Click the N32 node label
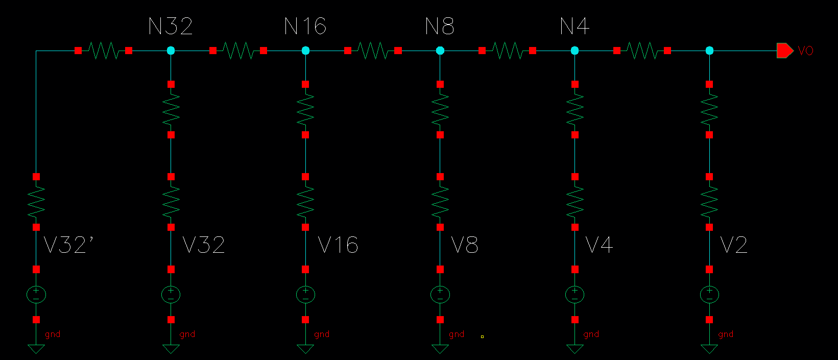[x=171, y=27]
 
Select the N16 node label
[x=305, y=27]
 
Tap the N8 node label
[x=440, y=27]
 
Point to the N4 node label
[x=574, y=27]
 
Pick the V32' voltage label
[x=68, y=246]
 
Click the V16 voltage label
[x=338, y=246]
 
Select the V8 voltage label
[x=465, y=246]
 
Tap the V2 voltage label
[x=734, y=246]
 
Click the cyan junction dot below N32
[x=171, y=51]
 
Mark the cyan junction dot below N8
[x=440, y=51]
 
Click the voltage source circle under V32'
[x=36, y=295]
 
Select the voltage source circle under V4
[x=575, y=295]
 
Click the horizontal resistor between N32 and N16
[x=238, y=51]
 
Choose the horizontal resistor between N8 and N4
[x=508, y=51]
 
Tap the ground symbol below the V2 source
[x=709, y=349]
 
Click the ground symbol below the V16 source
[x=305, y=349]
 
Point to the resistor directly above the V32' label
[x=36, y=202]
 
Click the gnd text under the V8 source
[x=457, y=334]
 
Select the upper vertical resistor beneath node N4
[x=575, y=109]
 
